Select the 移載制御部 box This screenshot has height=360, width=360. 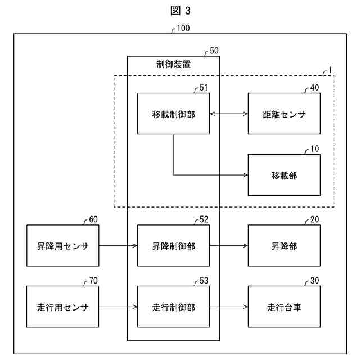173,114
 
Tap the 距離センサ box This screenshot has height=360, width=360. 284,114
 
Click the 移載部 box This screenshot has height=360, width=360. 284,175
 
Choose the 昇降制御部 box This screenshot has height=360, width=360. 173,245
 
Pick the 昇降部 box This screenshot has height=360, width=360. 284,245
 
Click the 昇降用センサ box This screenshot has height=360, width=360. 62,245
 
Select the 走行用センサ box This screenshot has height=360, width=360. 62,307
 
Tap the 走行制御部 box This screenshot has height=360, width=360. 173,307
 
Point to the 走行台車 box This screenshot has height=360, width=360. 284,307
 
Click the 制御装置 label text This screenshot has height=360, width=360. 173,64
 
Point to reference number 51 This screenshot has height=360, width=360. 204,88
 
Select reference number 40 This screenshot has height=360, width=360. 314,88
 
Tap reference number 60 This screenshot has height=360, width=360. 93,219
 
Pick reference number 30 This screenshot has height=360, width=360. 314,281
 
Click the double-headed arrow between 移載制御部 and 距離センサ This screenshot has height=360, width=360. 229,114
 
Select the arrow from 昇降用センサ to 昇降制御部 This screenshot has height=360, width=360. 118,245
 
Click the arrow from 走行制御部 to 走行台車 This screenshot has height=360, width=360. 229,307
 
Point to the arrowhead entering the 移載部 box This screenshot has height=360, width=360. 245,175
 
